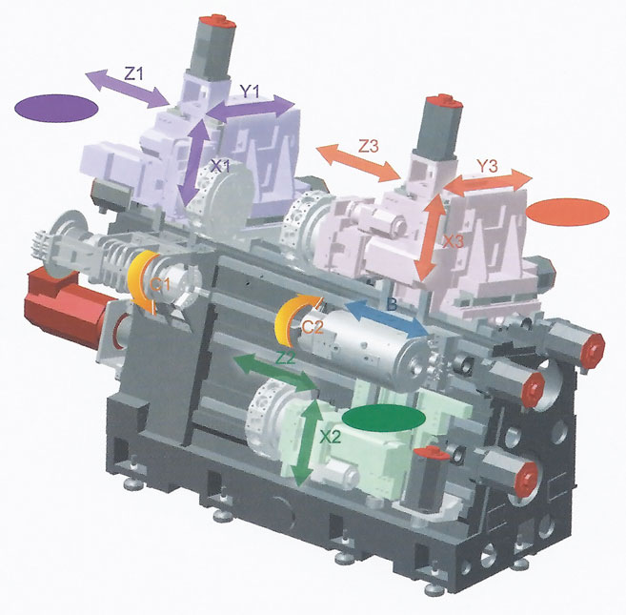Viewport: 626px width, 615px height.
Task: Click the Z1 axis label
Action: pyautogui.click(x=134, y=74)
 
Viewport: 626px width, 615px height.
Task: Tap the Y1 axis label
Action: pyautogui.click(x=250, y=92)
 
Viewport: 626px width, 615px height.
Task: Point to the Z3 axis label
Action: pyautogui.click(x=368, y=146)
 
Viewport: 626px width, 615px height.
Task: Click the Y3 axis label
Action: pyautogui.click(x=488, y=166)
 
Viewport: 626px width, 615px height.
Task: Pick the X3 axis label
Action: pyautogui.click(x=454, y=241)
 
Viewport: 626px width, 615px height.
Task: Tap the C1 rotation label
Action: pyautogui.click(x=160, y=284)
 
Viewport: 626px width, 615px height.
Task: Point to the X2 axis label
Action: pyautogui.click(x=331, y=438)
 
